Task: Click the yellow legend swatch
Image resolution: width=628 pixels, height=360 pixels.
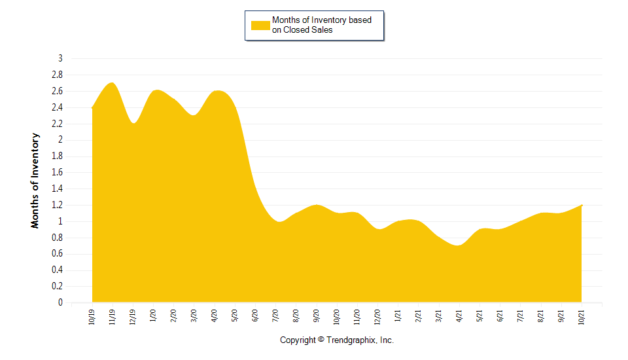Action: point(260,26)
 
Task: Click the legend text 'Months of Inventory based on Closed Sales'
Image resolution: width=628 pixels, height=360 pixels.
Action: point(322,25)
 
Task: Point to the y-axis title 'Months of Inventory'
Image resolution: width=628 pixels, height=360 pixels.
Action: point(35,181)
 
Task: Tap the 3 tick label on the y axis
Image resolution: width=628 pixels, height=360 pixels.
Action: point(60,58)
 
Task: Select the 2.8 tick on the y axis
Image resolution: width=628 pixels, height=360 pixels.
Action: point(58,75)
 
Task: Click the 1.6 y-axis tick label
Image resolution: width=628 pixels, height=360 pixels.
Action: point(58,172)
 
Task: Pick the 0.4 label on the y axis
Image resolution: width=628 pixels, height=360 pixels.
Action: point(58,270)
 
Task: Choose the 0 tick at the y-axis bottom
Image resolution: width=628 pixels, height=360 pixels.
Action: point(60,302)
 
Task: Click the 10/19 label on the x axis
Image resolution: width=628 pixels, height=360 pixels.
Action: point(92,316)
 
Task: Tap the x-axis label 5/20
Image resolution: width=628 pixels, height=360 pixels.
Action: point(235,316)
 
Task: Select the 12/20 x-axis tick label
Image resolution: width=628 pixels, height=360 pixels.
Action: point(377,316)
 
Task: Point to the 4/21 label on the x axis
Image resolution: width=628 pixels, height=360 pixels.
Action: point(459,316)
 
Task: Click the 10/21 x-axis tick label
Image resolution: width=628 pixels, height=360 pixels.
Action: point(582,316)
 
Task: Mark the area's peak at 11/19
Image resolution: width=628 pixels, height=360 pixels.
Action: point(112,83)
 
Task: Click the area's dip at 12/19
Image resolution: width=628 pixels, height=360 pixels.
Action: point(133,124)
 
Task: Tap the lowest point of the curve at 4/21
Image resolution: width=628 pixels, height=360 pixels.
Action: point(459,245)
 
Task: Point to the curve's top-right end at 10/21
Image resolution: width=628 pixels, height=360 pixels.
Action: point(581,206)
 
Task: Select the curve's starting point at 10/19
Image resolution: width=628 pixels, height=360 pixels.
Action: point(93,107)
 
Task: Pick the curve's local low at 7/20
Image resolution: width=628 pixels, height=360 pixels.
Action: point(280,222)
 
